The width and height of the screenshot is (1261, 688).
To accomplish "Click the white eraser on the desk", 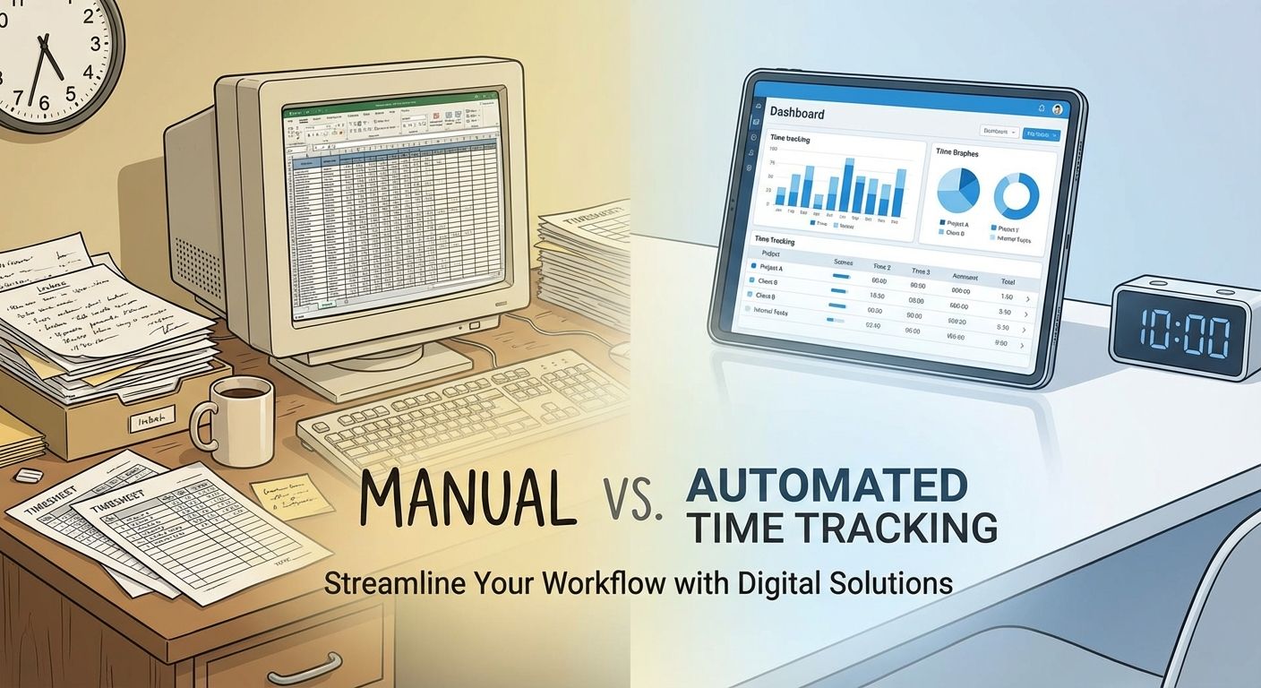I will tap(30, 474).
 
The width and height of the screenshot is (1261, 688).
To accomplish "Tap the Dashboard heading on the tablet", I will tap(796, 114).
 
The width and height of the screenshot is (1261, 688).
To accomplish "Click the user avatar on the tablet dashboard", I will tap(1057, 109).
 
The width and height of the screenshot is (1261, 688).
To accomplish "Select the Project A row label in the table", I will tap(772, 268).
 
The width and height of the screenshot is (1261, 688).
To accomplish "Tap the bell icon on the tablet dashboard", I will tap(1042, 107).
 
